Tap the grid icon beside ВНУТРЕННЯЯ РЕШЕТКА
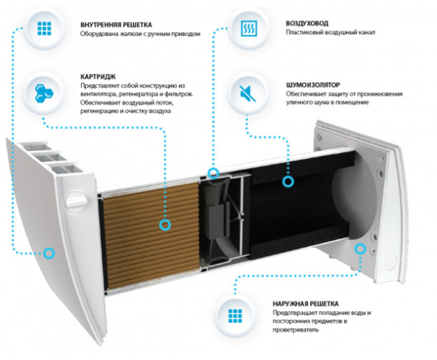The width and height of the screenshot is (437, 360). pyautogui.click(x=44, y=30)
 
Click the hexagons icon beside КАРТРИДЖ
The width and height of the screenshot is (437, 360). pyautogui.click(x=44, y=91)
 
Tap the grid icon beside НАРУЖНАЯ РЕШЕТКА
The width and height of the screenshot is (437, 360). pyautogui.click(x=235, y=316)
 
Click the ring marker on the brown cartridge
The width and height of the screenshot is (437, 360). pyautogui.click(x=165, y=225)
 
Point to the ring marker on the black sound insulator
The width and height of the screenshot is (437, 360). pyautogui.click(x=288, y=181)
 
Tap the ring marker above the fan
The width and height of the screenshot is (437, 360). pyautogui.click(x=213, y=173)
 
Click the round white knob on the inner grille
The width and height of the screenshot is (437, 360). pyautogui.click(x=74, y=200)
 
